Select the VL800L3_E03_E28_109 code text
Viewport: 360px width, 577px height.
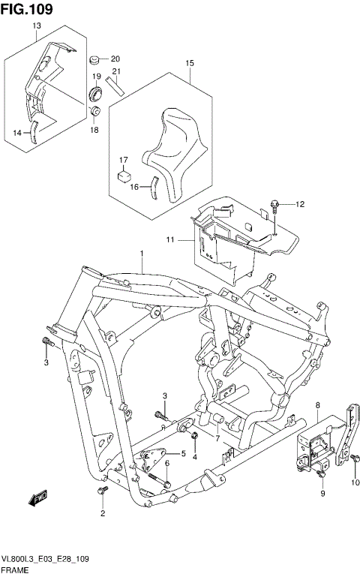pyautogui.click(x=46, y=560)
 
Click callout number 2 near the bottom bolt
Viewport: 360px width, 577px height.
pyautogui.click(x=103, y=514)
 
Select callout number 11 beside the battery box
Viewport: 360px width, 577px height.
pyautogui.click(x=170, y=240)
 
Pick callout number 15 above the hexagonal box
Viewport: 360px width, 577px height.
pyautogui.click(x=190, y=63)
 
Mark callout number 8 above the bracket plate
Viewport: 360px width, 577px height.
pyautogui.click(x=318, y=405)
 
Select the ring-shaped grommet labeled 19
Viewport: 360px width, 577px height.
pyautogui.click(x=97, y=94)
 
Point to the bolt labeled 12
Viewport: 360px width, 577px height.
pyautogui.click(x=275, y=205)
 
